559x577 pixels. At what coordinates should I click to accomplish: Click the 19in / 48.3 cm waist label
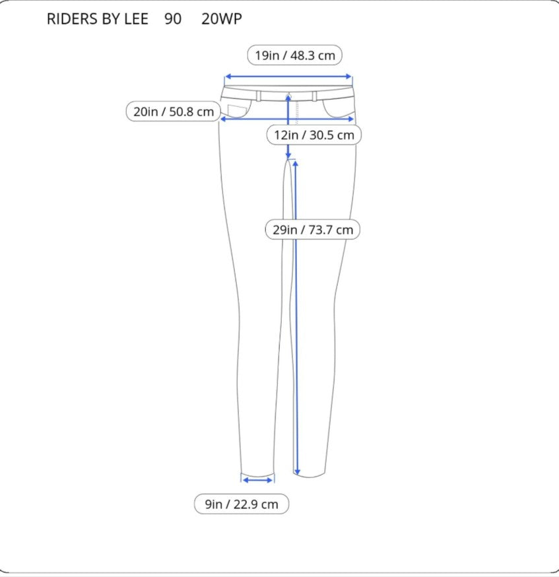tap(294, 55)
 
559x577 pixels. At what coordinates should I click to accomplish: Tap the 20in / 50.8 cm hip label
tap(173, 111)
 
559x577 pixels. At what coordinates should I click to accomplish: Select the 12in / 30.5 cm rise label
tap(313, 135)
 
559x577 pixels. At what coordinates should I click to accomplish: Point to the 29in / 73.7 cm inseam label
tap(313, 230)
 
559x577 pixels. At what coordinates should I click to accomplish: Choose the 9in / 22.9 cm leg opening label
tap(242, 504)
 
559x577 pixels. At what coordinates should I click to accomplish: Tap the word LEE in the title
tap(136, 19)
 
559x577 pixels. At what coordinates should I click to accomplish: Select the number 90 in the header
tap(173, 19)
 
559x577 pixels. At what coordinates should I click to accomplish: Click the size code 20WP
tap(222, 19)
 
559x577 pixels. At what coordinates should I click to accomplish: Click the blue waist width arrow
tap(288, 77)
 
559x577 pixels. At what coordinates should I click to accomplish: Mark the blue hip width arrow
tap(287, 119)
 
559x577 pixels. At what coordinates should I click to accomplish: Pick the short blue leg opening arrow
tap(258, 480)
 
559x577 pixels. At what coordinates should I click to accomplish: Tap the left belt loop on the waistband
tap(259, 96)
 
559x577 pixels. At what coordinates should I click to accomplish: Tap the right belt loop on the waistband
tap(314, 96)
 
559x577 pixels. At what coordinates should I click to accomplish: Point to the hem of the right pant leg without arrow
tap(310, 475)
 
